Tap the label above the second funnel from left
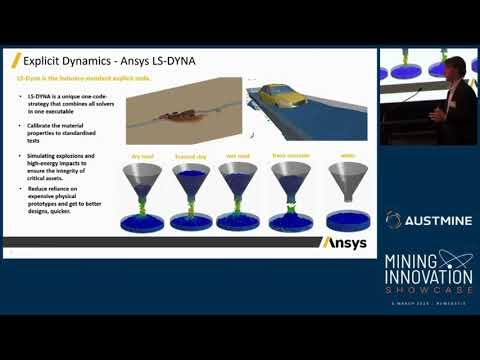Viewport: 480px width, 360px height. coord(190,157)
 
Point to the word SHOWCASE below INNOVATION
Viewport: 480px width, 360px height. coord(428,290)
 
